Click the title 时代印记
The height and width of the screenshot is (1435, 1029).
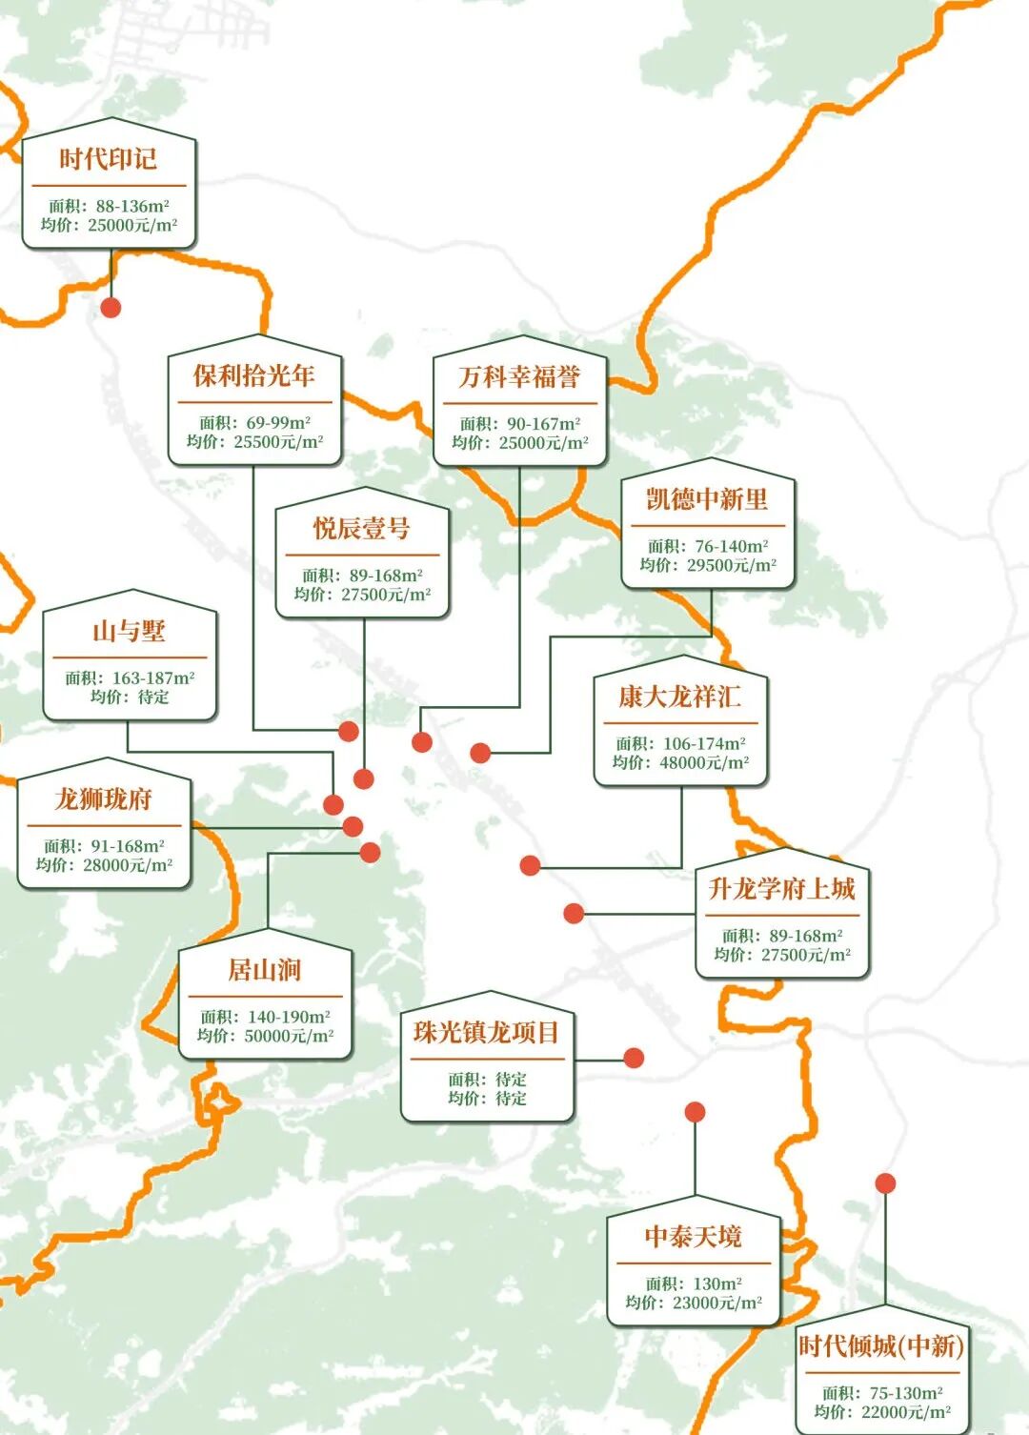109,159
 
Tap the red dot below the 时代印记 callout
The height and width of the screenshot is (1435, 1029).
111,307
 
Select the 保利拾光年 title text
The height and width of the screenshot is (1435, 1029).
253,375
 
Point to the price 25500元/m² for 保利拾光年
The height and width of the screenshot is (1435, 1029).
278,442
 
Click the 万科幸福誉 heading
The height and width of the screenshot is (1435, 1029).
519,377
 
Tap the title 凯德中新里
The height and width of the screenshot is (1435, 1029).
707,499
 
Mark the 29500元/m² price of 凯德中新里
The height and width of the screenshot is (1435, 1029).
732,565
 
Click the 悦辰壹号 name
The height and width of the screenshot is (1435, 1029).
362,528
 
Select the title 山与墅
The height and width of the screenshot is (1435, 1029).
130,631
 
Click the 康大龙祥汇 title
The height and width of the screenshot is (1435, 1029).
679,697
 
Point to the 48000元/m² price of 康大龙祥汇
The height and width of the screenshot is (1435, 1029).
704,762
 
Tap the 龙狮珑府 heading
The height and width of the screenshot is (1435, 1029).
104,798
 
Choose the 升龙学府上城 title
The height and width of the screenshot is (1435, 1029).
782,889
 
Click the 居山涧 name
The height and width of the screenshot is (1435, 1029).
265,970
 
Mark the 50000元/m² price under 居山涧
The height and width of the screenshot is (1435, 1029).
289,1036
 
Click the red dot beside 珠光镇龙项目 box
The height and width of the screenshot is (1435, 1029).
634,1058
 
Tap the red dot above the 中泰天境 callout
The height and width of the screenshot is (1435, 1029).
696,1112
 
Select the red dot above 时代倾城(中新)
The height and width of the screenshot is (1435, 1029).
885,1183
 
